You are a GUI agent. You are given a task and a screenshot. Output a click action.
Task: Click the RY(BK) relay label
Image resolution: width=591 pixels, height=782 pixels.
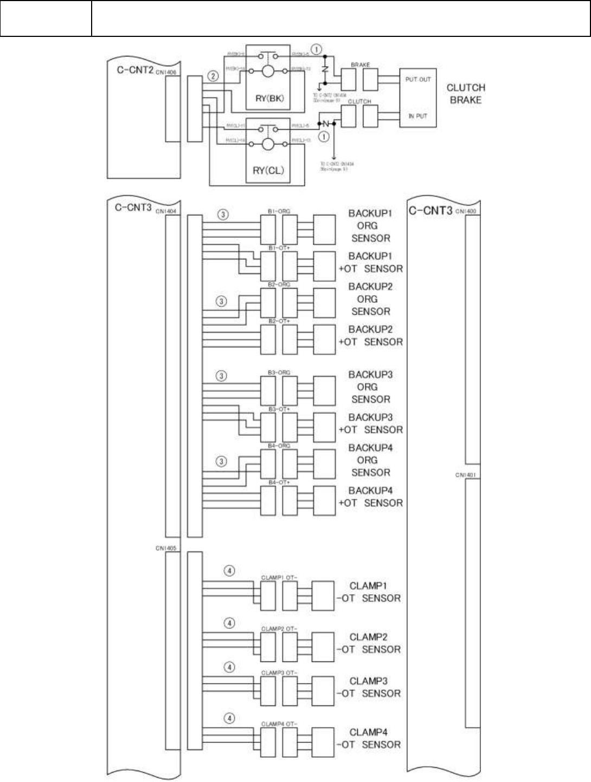pos(269,99)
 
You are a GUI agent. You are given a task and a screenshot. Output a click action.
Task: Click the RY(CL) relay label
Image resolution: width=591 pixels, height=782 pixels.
pos(268,170)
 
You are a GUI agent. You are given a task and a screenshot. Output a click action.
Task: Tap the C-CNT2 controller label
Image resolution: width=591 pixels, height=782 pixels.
pos(135,70)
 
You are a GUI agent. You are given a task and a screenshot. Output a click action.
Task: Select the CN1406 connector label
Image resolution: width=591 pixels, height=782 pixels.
pos(166,72)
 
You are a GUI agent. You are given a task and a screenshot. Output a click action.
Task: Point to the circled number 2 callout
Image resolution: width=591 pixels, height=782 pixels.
pos(214,76)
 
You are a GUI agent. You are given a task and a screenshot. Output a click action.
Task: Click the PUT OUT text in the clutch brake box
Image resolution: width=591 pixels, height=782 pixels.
pos(417,79)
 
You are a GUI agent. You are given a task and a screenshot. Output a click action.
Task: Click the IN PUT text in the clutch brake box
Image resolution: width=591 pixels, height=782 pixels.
pos(417,116)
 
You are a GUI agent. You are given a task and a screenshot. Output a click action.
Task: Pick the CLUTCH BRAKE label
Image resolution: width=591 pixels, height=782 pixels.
pos(465,94)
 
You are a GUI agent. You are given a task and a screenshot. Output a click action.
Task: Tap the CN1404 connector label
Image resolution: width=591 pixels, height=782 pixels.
pos(166,211)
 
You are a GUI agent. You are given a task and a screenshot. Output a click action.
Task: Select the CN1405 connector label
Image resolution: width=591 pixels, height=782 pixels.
pos(166,548)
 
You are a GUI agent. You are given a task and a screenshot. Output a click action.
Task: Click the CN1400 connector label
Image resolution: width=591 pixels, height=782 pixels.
pos(466,211)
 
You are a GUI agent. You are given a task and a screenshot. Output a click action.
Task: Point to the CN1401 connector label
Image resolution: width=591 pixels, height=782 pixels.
pos(466,475)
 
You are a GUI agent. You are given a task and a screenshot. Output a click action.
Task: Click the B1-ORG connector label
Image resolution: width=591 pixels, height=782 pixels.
pos(279,211)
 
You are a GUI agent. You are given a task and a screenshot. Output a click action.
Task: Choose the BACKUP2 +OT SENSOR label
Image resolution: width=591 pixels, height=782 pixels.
pos(371,336)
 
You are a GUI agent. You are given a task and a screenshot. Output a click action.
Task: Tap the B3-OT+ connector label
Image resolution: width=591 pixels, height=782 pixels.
pos(279,409)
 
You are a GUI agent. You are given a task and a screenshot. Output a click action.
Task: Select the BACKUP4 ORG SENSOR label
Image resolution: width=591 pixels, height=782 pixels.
pos(370,460)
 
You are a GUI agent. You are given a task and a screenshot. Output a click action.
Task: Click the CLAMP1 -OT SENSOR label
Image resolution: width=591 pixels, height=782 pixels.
pos(369,592)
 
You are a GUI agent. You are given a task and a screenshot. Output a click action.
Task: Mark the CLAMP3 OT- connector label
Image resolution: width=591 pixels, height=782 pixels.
pos(279,673)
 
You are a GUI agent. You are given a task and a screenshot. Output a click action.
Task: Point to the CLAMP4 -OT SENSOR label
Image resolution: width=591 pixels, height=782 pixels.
pos(369,739)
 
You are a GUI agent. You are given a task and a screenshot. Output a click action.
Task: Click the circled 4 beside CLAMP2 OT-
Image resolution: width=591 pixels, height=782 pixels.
pos(230,623)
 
